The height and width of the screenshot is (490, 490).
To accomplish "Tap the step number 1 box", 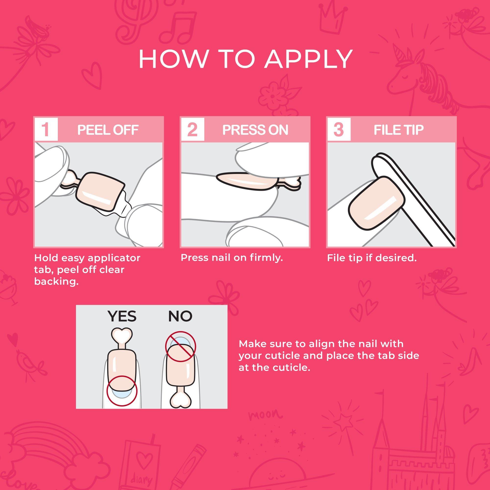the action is (46, 129).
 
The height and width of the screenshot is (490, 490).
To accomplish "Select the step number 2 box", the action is (193, 129).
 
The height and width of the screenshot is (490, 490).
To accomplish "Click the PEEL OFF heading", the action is (108, 130).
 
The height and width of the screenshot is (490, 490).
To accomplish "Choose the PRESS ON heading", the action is (255, 130).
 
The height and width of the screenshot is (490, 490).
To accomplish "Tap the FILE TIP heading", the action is (399, 130).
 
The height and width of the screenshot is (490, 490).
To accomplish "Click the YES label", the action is (122, 316).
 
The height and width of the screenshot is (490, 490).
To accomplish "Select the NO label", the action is (180, 316).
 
